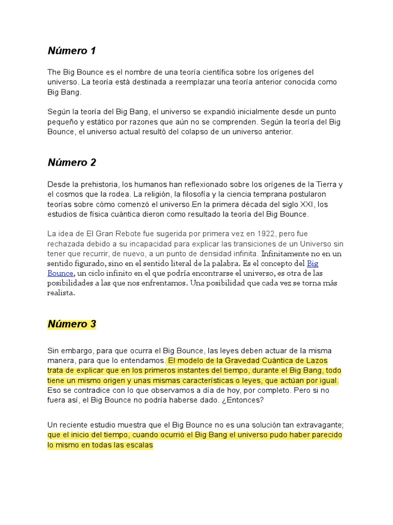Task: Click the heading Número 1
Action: [x=72, y=51]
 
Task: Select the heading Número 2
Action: [x=72, y=163]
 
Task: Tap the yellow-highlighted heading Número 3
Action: [x=72, y=324]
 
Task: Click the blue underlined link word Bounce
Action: [x=60, y=273]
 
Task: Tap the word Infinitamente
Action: [x=286, y=253]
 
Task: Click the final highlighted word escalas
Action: [x=139, y=445]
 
